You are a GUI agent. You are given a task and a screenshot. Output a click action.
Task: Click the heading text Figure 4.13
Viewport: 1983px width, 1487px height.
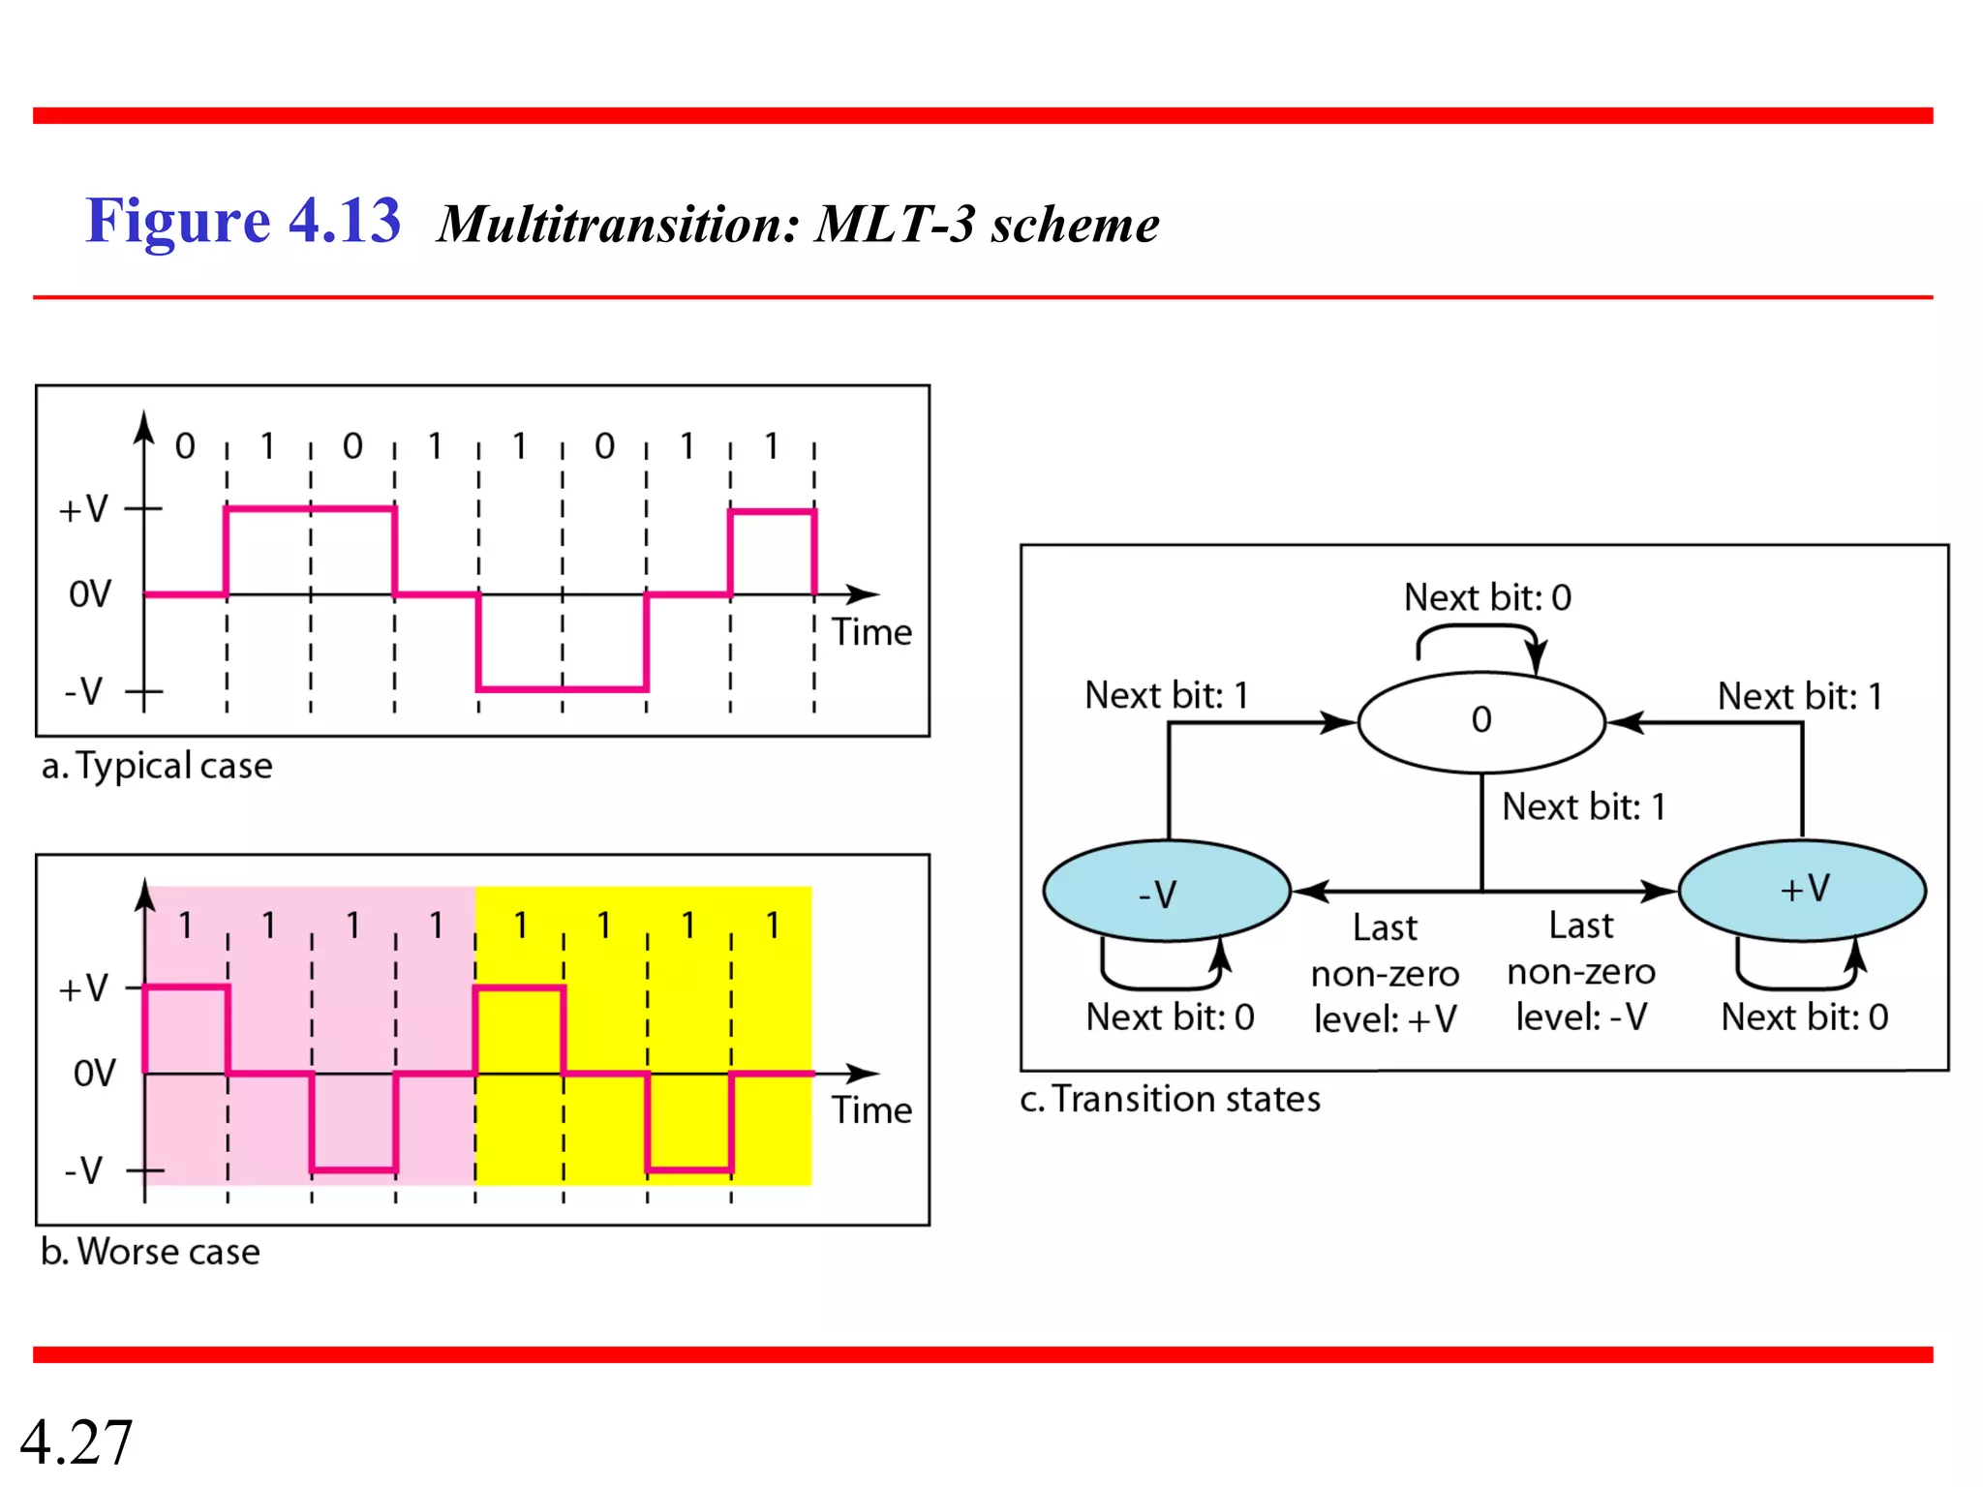click(x=243, y=221)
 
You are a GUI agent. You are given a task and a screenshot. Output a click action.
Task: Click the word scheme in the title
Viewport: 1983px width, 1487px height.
click(x=1074, y=225)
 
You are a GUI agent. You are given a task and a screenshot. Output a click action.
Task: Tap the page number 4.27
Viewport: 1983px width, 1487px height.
click(x=76, y=1441)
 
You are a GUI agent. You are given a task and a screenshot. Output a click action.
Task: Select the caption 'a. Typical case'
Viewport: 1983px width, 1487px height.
click(x=157, y=766)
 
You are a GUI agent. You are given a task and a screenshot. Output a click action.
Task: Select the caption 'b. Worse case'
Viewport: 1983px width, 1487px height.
click(x=150, y=1252)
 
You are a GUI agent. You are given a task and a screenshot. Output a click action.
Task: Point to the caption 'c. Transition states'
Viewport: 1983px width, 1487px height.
click(x=1170, y=1099)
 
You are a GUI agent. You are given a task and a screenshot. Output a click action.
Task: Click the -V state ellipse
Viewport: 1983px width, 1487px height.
click(x=1167, y=892)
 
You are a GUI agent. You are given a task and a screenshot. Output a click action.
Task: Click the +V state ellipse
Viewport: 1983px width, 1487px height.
click(x=1802, y=890)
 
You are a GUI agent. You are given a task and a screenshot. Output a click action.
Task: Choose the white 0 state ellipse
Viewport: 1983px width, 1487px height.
click(x=1481, y=721)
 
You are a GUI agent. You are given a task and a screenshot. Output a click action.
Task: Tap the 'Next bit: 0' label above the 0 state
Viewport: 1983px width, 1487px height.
click(x=1487, y=597)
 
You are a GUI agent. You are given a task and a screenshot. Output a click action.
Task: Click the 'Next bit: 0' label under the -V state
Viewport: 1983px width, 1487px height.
click(x=1170, y=1017)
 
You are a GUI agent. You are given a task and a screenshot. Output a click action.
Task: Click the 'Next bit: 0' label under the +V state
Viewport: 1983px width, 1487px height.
click(x=1804, y=1017)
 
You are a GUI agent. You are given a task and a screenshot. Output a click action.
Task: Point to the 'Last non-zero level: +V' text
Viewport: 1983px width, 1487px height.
click(x=1385, y=973)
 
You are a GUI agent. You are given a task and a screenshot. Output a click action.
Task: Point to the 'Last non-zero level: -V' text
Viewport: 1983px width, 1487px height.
click(x=1580, y=971)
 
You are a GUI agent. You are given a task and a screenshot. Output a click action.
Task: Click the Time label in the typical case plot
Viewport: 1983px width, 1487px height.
click(x=871, y=632)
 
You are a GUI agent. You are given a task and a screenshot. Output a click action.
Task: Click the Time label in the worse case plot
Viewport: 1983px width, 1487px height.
click(x=871, y=1110)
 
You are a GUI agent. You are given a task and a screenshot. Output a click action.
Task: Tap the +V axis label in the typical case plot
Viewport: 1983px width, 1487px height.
click(x=84, y=509)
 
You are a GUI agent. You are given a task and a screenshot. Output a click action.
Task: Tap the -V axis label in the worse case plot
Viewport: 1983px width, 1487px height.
click(x=84, y=1170)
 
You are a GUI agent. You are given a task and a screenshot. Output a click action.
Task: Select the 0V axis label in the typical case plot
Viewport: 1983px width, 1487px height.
click(x=90, y=594)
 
